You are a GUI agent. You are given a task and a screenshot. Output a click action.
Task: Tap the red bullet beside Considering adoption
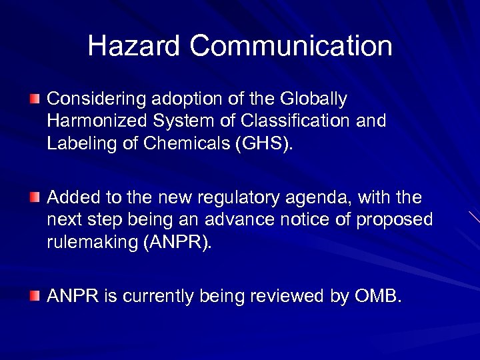click(34, 99)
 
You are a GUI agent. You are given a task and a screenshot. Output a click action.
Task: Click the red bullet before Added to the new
click(34, 197)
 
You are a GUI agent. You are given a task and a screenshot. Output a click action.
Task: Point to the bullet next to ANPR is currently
click(34, 295)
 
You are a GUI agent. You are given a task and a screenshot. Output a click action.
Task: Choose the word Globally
click(315, 100)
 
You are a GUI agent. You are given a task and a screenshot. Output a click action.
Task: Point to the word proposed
click(399, 221)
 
